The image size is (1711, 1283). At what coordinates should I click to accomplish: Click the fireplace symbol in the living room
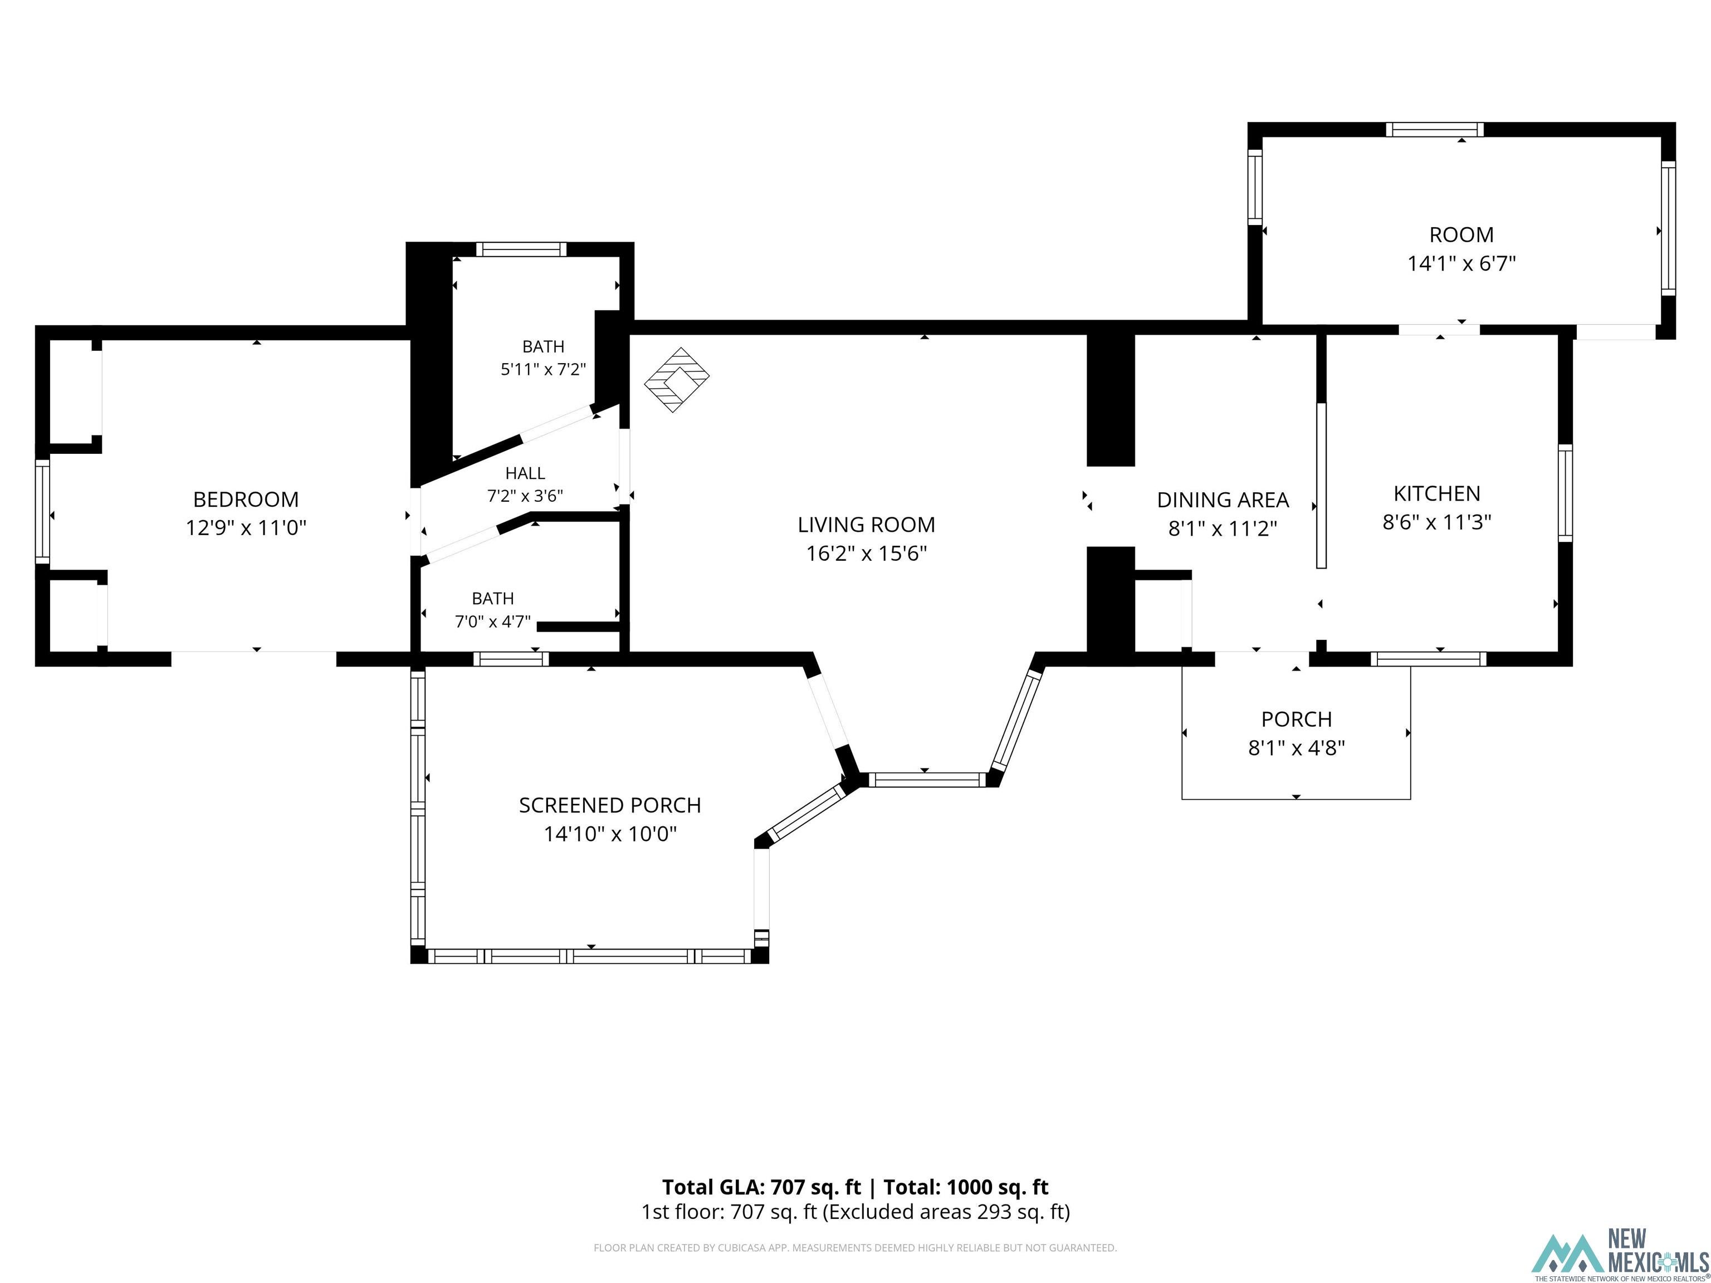point(677,379)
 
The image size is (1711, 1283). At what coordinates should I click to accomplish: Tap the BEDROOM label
point(246,499)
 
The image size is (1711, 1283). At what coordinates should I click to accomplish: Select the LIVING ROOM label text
point(866,525)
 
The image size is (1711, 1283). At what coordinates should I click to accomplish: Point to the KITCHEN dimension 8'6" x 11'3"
point(1436,522)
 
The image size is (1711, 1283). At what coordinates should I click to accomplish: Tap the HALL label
point(525,473)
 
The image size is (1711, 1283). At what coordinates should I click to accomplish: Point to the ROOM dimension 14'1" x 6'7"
point(1461,263)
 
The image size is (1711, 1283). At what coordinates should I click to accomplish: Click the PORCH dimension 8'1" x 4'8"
point(1297,748)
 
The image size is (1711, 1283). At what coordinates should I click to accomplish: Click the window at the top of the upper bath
point(521,249)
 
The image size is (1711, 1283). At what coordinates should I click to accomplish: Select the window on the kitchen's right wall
point(1565,493)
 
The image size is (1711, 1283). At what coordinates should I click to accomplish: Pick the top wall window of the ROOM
point(1434,129)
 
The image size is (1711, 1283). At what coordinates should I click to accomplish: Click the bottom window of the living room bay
point(925,780)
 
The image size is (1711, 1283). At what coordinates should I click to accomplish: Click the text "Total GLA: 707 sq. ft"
point(761,1187)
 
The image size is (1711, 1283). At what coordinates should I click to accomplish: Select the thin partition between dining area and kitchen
point(1321,486)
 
